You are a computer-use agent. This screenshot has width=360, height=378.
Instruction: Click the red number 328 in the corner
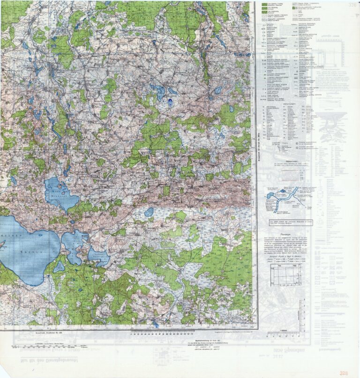[344, 373]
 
